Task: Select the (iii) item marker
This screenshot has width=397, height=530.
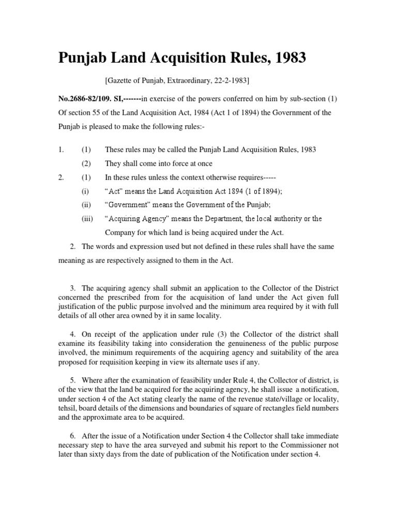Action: pyautogui.click(x=86, y=219)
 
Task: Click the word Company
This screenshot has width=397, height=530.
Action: pyautogui.click(x=120, y=232)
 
